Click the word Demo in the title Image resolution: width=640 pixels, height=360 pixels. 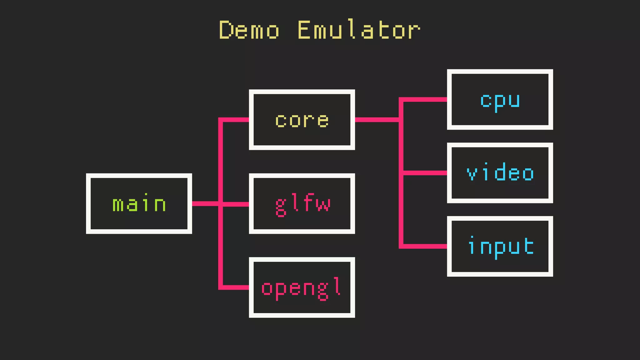(x=249, y=30)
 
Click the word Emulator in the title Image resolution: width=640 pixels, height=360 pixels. (x=359, y=30)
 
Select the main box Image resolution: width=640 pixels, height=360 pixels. (x=139, y=203)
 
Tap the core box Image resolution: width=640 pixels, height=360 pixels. (x=302, y=120)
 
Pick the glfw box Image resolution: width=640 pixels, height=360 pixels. (x=302, y=203)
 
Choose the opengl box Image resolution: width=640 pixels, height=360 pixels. (x=302, y=287)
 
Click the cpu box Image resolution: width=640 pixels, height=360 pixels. (x=500, y=99)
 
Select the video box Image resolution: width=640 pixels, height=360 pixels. (x=500, y=173)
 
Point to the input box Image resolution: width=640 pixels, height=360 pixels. (x=500, y=246)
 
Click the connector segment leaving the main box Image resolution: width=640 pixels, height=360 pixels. (x=205, y=203)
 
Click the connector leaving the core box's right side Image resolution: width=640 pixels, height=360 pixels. (x=377, y=120)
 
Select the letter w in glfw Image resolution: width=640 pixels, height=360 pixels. (x=323, y=204)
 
